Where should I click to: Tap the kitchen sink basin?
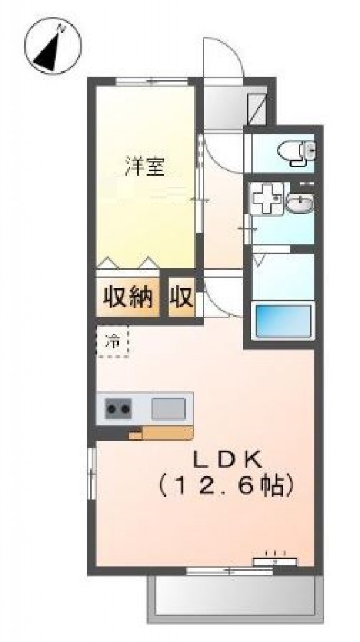tap(168, 409)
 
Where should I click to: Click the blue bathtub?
tap(282, 322)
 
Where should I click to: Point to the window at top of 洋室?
tap(152, 80)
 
